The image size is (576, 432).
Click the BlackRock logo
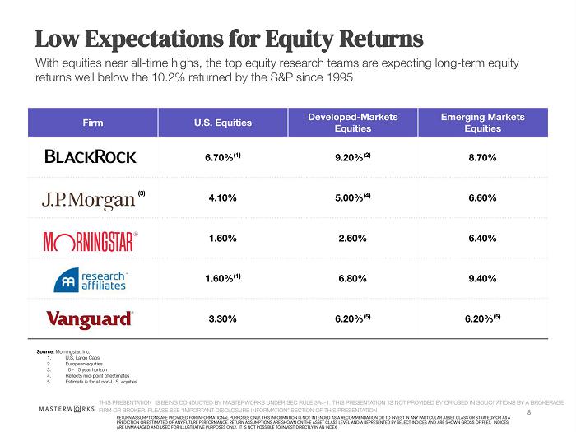click(91, 156)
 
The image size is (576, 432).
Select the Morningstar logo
click(88, 239)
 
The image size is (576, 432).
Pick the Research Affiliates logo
click(90, 279)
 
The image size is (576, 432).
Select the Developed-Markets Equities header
click(353, 123)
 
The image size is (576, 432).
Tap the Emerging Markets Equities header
click(482, 123)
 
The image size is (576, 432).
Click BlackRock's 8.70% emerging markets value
click(482, 156)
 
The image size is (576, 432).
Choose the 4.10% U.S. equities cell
click(221, 198)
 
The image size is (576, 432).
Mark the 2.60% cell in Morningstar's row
click(351, 239)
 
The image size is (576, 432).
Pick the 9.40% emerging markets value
click(482, 279)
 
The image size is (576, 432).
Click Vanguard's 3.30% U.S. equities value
click(221, 318)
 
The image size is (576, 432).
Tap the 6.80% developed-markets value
click(351, 279)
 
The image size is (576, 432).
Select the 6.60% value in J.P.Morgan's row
click(482, 198)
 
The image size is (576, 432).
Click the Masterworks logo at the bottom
click(67, 409)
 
